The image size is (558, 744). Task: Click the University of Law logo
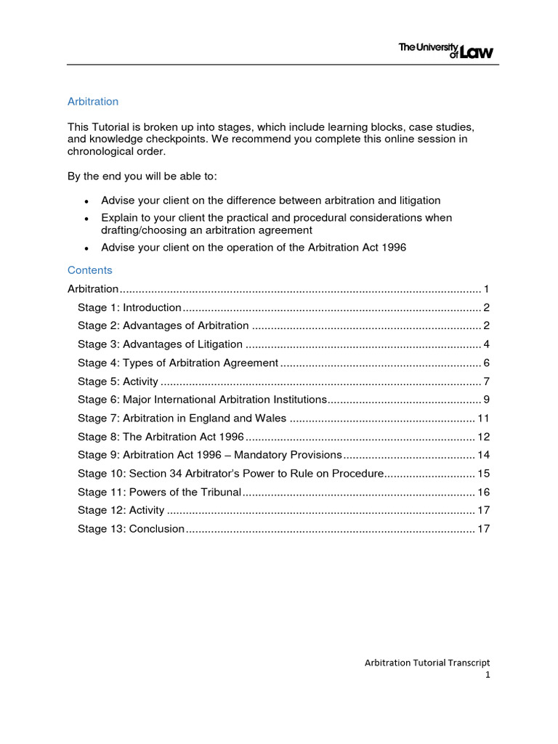[445, 49]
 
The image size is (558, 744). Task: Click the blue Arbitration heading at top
[93, 102]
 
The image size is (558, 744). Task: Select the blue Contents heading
[90, 270]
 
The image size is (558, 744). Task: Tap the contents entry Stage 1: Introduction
[129, 307]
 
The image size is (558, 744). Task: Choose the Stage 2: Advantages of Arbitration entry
[163, 325]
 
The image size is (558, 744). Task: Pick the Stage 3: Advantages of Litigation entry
[160, 344]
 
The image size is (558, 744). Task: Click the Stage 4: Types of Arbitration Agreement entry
[178, 363]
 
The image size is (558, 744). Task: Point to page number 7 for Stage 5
[486, 381]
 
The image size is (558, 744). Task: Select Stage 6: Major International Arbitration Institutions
[203, 400]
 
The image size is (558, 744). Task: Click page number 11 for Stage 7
[483, 418]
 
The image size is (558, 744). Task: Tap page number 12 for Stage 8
[483, 437]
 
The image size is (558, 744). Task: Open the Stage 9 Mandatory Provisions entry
[209, 455]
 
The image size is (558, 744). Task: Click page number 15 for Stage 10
[483, 474]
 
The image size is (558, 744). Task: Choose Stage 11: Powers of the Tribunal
[159, 492]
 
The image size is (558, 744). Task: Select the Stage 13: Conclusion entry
[131, 529]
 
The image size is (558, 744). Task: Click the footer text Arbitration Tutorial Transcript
[426, 663]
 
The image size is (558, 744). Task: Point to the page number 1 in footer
[488, 675]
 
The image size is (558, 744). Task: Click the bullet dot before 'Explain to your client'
[86, 219]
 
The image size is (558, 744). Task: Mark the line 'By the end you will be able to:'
[142, 177]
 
